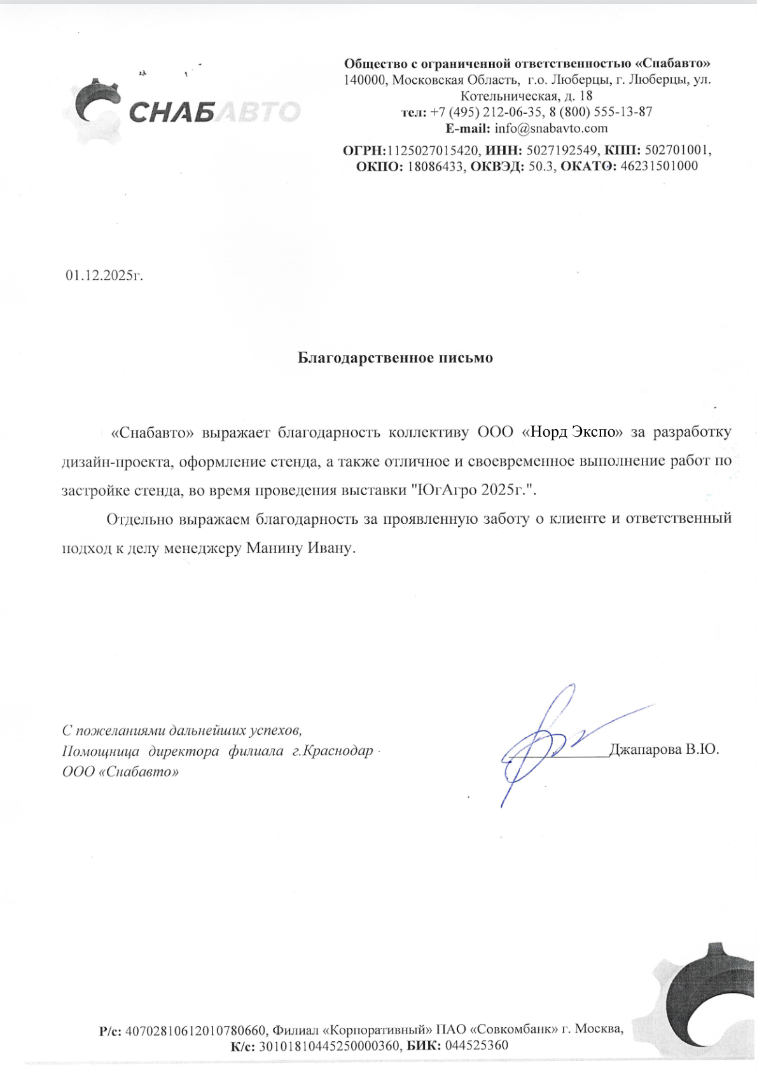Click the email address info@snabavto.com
click(x=551, y=128)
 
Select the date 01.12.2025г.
click(x=104, y=276)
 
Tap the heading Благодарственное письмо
click(x=395, y=358)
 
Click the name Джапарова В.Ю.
click(x=664, y=749)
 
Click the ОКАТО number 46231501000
click(x=659, y=167)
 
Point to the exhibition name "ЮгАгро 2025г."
click(x=475, y=490)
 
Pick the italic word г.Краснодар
click(x=332, y=751)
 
